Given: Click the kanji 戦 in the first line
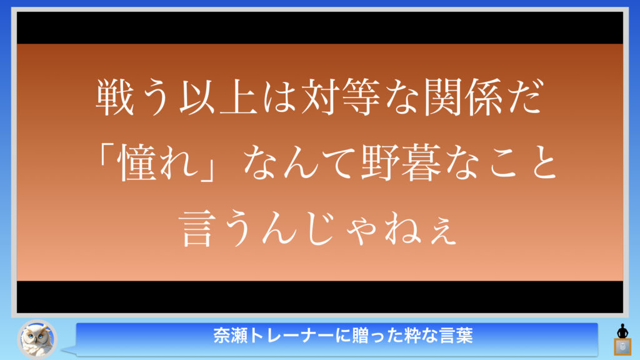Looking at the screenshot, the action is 115,97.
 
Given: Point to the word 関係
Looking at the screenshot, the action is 463,97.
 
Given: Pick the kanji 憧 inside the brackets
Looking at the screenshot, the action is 137,162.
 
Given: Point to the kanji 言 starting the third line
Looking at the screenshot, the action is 197,227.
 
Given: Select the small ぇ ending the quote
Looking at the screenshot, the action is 444,232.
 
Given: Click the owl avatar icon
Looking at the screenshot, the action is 37,339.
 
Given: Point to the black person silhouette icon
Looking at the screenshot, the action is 622,331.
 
